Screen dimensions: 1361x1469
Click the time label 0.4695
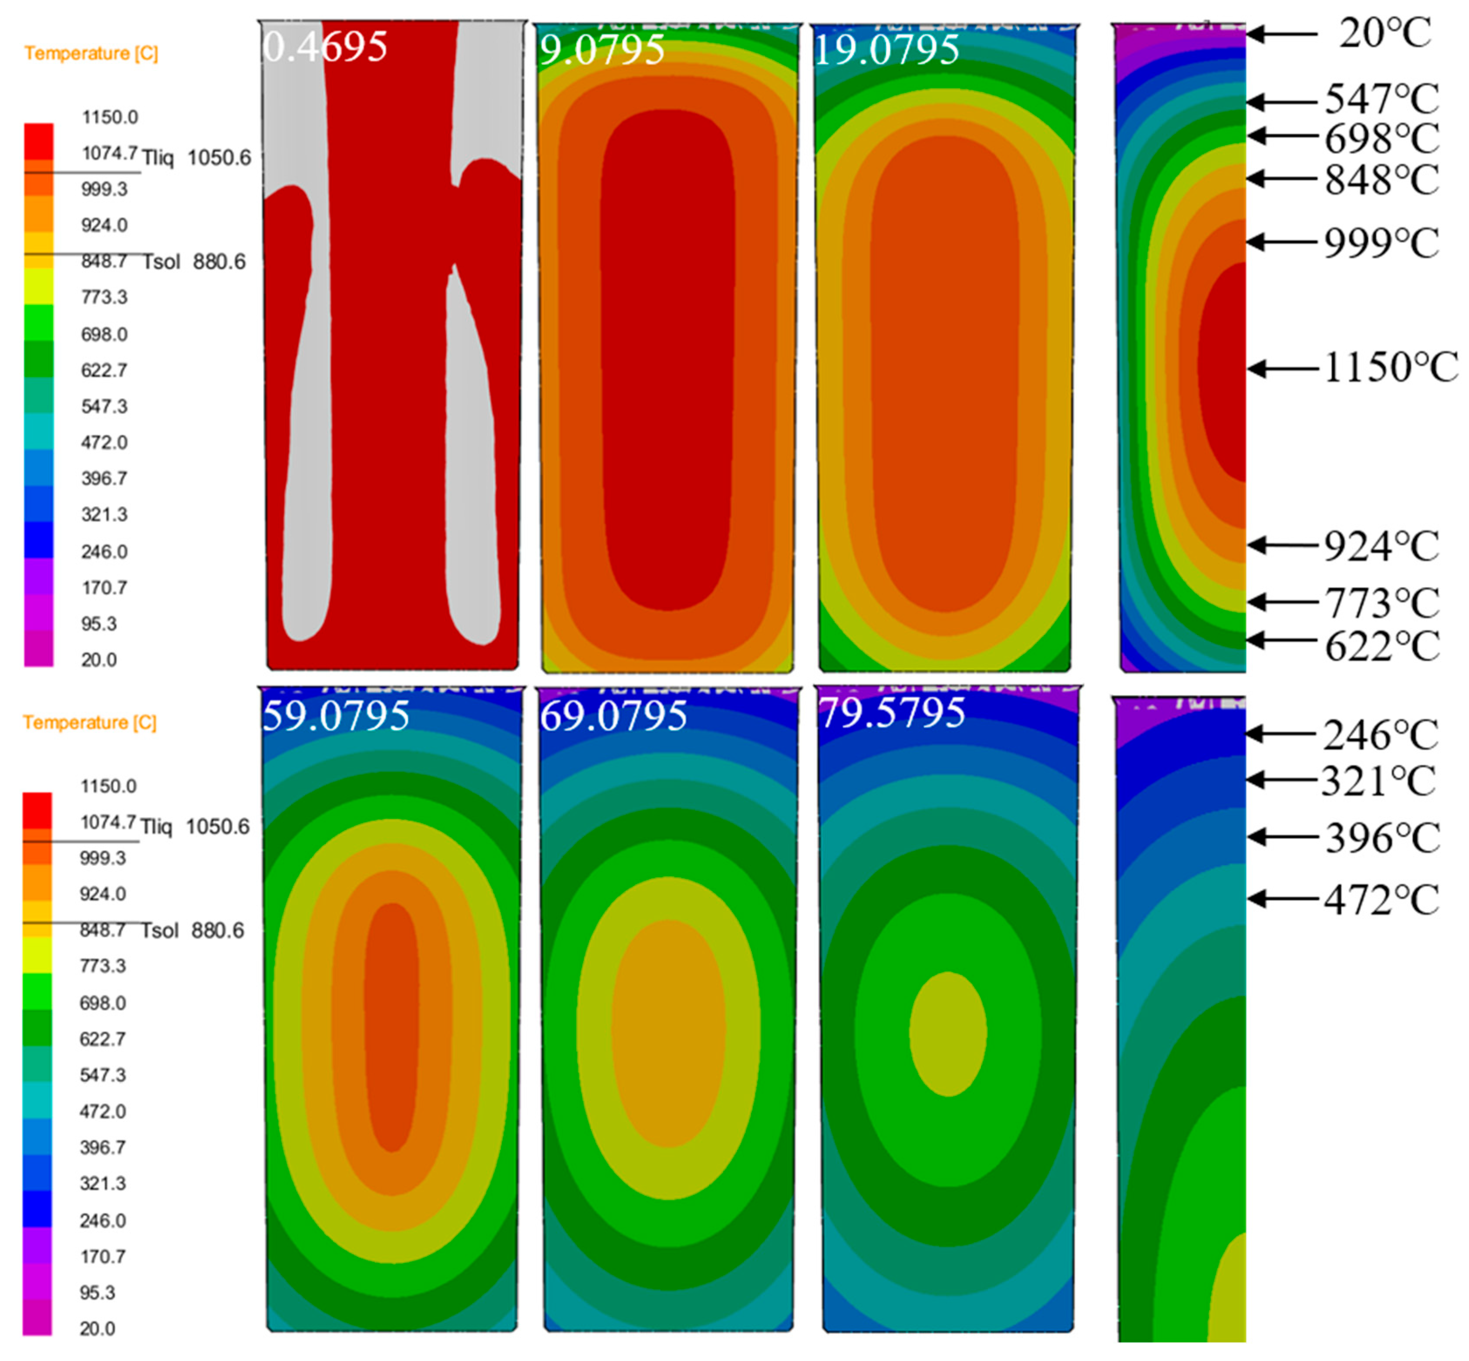[325, 47]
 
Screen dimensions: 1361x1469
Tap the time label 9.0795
[602, 50]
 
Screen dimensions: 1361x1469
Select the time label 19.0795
[886, 50]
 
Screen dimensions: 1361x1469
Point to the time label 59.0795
[336, 716]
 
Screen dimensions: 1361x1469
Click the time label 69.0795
[613, 716]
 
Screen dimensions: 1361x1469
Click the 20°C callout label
[1385, 34]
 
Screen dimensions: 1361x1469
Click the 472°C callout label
[1381, 899]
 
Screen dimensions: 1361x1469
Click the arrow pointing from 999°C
[1282, 242]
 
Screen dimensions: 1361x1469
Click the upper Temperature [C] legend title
[91, 53]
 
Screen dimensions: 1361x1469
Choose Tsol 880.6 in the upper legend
[194, 262]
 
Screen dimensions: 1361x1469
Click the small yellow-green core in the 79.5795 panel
[948, 1033]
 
